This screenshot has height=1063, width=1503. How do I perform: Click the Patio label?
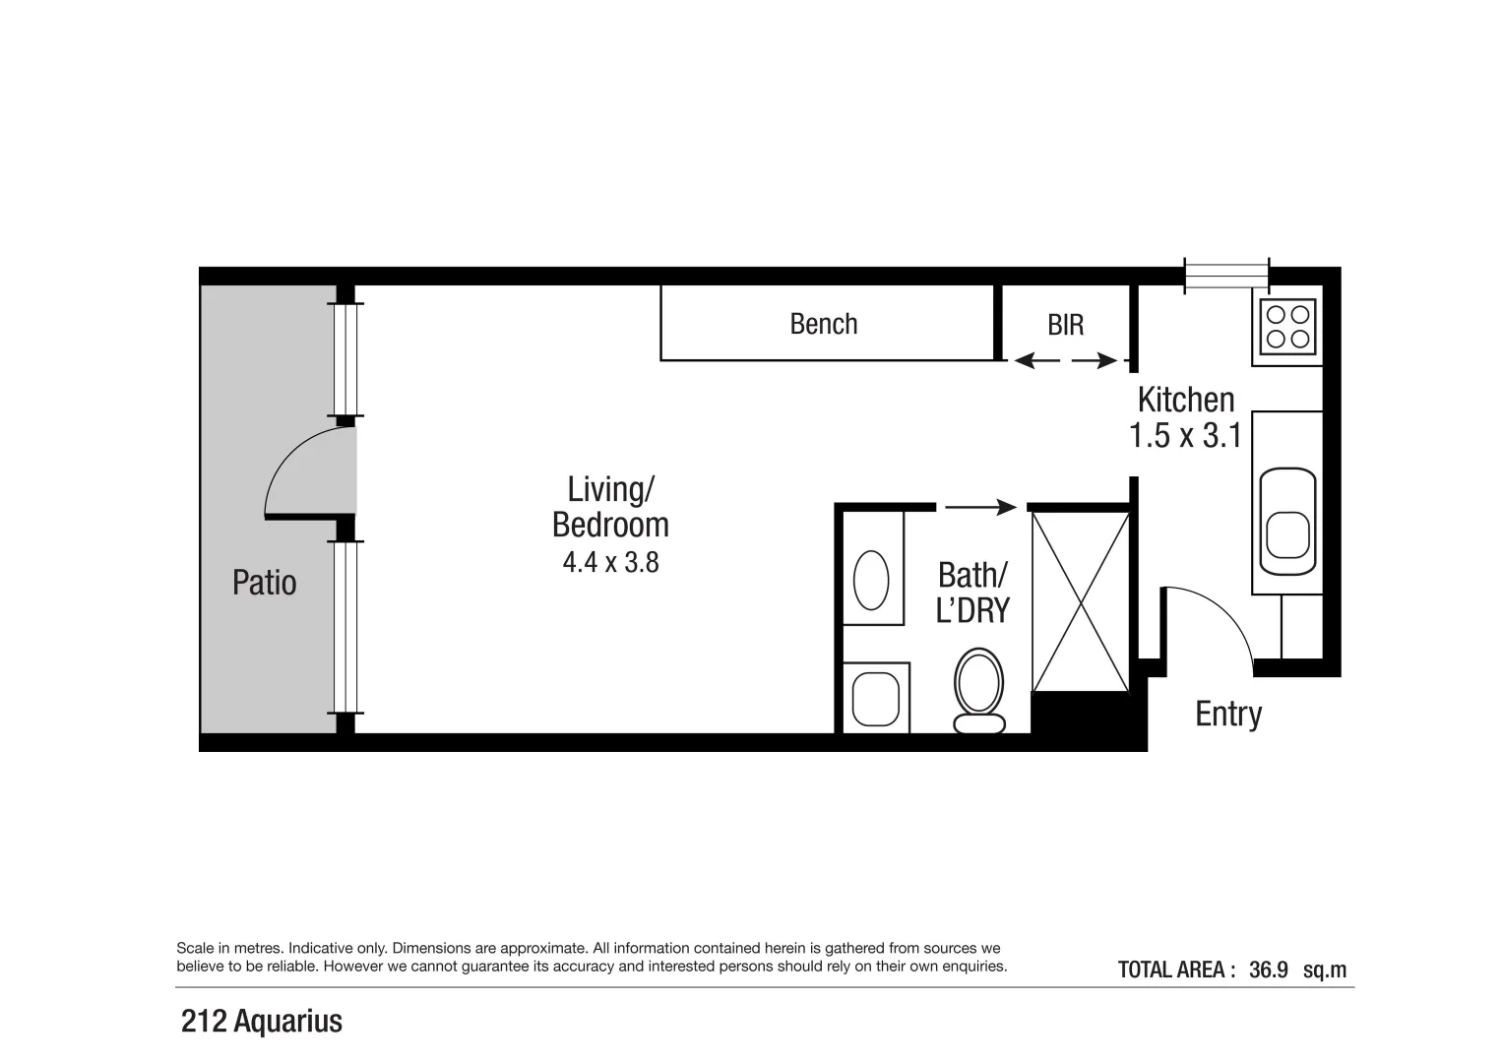pos(264,583)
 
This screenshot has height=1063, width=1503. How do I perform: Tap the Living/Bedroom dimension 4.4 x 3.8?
pos(610,563)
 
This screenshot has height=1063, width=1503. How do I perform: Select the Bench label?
pos(824,324)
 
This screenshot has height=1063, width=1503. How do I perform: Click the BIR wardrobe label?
pos(1065,325)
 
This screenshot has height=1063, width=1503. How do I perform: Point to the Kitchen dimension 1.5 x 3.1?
pos(1185,435)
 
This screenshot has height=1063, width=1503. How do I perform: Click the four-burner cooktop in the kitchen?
pos(1287,327)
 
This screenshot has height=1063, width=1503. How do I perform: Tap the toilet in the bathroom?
pos(978,689)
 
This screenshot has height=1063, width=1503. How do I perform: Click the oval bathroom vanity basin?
pos(871,580)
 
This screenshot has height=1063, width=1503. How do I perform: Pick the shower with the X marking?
pos(1081,601)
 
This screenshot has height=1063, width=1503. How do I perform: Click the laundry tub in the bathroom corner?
pos(875,698)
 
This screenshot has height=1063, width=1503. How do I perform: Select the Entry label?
pos(1227,714)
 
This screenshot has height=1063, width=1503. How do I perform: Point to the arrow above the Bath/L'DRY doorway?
pos(979,507)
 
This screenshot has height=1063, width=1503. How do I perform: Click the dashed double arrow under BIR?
pos(1065,361)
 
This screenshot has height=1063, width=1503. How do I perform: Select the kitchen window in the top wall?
pos(1225,276)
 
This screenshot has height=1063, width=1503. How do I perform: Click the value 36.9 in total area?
pos(1268,969)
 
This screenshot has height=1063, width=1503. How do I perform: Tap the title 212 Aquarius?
pos(262,1022)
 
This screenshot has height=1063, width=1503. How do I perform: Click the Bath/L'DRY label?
pos(972,593)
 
